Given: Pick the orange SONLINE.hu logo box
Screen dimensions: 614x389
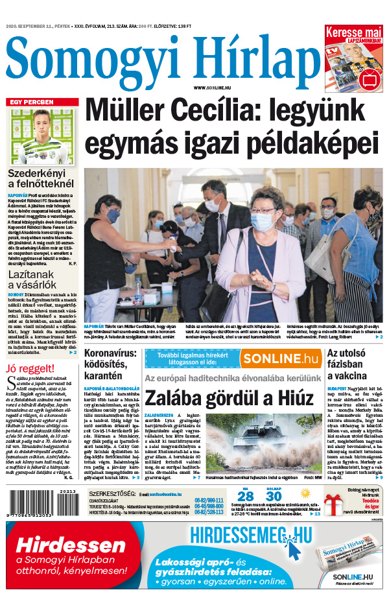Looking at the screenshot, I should coord(281,359).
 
